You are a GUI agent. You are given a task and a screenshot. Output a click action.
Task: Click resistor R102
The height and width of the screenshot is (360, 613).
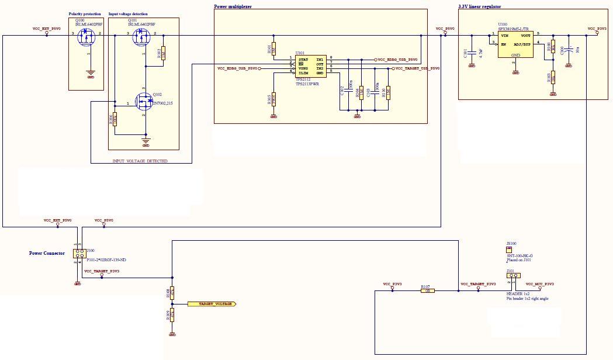[163, 54]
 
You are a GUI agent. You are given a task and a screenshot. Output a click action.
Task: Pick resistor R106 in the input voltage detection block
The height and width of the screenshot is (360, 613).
[115, 119]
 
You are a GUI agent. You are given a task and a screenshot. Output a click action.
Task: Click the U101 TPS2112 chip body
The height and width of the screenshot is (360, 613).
[310, 66]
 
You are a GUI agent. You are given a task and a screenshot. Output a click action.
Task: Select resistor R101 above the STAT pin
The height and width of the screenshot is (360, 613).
[273, 49]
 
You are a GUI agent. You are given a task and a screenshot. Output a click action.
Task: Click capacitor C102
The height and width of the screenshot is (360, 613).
[348, 91]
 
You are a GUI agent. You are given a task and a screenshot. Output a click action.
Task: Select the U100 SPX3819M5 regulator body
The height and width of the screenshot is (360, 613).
[515, 44]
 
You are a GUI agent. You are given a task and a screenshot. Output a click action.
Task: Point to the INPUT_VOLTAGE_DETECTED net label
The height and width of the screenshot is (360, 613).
[140, 161]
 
